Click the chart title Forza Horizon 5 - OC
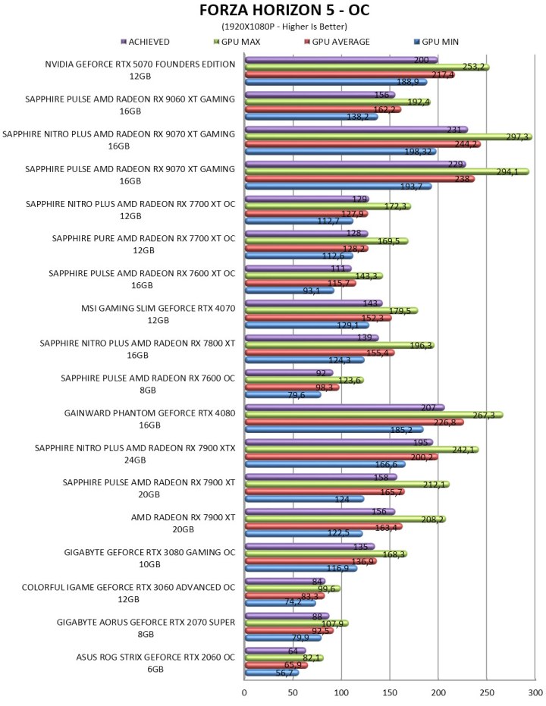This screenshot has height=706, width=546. point(284,10)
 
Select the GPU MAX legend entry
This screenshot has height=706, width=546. point(237,42)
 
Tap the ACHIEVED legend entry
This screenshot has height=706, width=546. point(145,42)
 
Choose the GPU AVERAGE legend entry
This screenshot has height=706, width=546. point(337,42)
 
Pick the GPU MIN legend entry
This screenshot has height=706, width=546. point(436,42)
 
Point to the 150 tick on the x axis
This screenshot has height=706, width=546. point(390,692)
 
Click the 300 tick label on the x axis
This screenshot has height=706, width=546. point(535,692)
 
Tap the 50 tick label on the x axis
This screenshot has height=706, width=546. point(293,692)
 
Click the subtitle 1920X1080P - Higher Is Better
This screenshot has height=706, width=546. point(284,27)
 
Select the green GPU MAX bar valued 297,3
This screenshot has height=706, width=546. point(388,136)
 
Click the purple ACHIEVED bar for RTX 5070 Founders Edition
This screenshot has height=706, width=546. point(341,60)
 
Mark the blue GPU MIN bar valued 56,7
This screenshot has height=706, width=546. point(272,673)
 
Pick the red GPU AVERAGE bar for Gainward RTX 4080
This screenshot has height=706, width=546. point(354,422)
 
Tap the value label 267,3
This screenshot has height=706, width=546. point(483,415)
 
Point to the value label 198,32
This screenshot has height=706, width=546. point(418,152)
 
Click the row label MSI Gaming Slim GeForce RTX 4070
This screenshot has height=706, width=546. point(158,314)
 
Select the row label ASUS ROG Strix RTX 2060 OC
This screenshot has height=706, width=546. point(155,664)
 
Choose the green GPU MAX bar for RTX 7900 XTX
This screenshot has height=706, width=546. point(362,450)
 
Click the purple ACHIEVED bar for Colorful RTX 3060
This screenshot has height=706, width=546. point(285,582)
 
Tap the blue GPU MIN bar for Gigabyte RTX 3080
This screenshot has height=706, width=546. point(301,569)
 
